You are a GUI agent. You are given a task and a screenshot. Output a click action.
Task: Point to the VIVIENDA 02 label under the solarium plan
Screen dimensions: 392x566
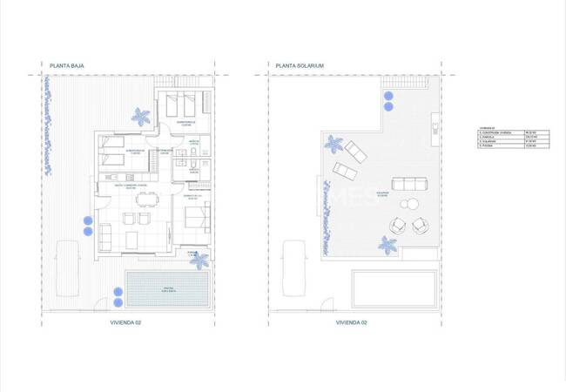pyautogui.click(x=352, y=322)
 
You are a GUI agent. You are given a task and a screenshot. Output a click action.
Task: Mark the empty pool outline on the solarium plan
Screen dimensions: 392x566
pyautogui.click(x=394, y=287)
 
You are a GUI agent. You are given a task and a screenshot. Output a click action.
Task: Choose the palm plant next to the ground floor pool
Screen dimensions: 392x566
pyautogui.click(x=199, y=259)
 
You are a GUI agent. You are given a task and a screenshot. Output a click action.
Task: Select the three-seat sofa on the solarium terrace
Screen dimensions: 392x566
pyautogui.click(x=409, y=184)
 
